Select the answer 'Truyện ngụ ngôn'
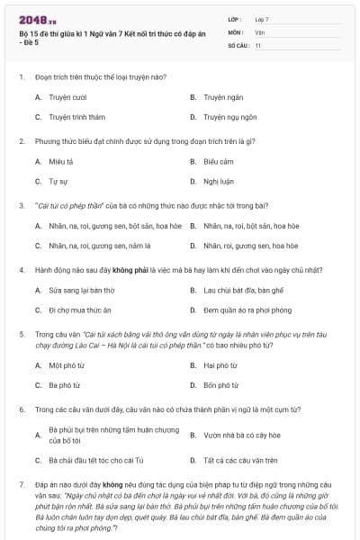[x=231, y=117]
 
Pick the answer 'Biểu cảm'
[x=219, y=161]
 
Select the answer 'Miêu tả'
[x=61, y=161]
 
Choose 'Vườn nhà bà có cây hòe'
[x=240, y=436]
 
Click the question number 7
[x=21, y=485]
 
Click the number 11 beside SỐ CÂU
[x=258, y=44]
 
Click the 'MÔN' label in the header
[x=237, y=31]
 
